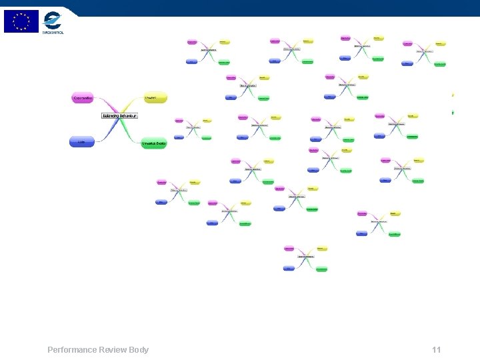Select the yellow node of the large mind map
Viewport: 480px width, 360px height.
coord(155,98)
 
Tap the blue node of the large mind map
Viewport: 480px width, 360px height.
coord(81,141)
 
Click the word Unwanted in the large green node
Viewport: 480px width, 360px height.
coord(149,143)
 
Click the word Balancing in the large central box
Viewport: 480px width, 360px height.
coord(111,115)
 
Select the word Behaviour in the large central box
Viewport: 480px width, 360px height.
coord(128,115)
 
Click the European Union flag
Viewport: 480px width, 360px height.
coord(21,21)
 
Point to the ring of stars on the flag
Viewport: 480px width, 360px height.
coord(21,21)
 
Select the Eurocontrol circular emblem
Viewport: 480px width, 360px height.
coord(53,19)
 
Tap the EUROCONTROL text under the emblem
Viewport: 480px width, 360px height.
coord(53,31)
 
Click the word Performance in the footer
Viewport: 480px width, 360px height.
coord(71,350)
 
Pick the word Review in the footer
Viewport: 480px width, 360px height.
coord(112,350)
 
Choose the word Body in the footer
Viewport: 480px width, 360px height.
coord(139,350)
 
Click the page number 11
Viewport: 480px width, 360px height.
coord(437,350)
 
